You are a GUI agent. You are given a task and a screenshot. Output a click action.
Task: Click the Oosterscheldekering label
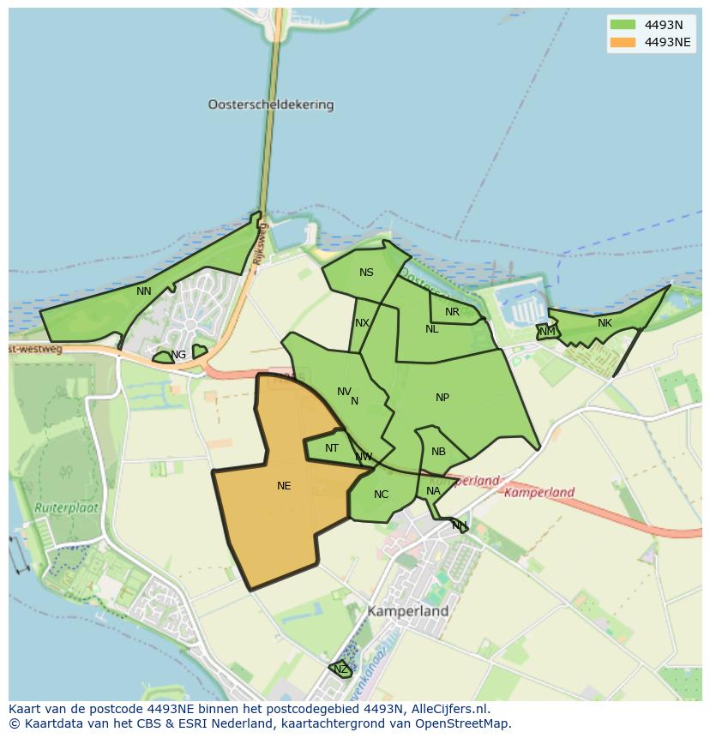270,105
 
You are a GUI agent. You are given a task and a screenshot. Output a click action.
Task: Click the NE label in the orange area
284,486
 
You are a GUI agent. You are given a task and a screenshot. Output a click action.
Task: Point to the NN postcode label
144,291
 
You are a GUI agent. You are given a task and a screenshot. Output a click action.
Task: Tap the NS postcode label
366,273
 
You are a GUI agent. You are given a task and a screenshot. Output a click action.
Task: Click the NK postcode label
605,323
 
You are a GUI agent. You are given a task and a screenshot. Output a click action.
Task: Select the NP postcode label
442,398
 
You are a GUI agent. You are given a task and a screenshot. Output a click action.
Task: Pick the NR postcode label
452,312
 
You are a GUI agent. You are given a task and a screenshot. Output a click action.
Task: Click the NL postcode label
431,329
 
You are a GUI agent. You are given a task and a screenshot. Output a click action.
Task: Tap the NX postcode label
362,323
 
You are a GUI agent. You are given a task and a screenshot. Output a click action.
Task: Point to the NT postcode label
332,448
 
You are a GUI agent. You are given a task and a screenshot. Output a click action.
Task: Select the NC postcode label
381,495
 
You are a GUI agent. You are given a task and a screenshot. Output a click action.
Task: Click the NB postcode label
438,452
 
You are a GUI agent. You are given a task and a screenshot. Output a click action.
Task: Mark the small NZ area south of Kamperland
340,669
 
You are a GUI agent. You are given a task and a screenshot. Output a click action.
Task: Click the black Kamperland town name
408,612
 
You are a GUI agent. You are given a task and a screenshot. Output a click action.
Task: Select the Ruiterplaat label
67,507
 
